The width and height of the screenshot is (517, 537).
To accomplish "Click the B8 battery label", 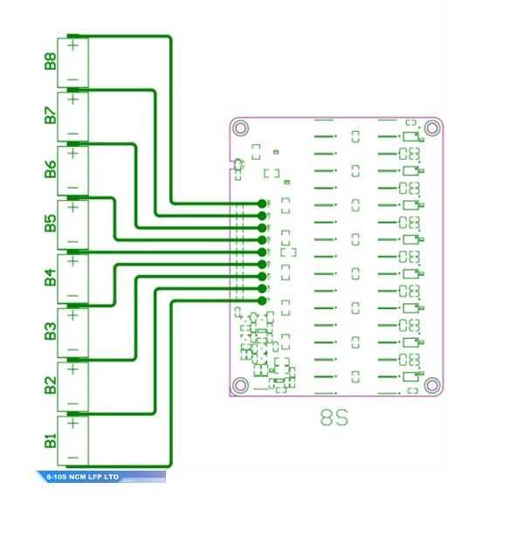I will pos(50,62).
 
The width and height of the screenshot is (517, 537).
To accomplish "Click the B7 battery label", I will pos(50,115).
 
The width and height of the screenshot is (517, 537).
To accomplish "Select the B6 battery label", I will pos(50,169).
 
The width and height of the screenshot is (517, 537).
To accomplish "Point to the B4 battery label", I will pos(50,278).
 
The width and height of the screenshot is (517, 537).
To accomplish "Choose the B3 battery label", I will pos(50,332).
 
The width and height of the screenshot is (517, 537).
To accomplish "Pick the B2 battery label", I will pos(50,386).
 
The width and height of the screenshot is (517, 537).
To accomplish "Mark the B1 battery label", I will pos(50,440).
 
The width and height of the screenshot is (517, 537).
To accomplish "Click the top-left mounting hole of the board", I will pos(241,128).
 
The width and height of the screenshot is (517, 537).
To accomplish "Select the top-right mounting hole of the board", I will pos(431,128).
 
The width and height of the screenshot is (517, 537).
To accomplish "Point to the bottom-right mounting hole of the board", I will pos(431,385).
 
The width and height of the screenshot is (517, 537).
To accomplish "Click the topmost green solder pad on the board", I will pos(262,203).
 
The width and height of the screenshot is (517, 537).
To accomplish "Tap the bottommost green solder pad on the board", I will pos(262,301).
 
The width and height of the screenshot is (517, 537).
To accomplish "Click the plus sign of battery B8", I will pos(73,44).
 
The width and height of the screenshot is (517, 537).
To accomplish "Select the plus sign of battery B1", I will pos(73,423).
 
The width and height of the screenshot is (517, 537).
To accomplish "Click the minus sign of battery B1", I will pos(73,458).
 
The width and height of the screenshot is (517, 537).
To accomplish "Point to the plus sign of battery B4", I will pos(73,260).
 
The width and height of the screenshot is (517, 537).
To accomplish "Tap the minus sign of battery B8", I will pos(73,79).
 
